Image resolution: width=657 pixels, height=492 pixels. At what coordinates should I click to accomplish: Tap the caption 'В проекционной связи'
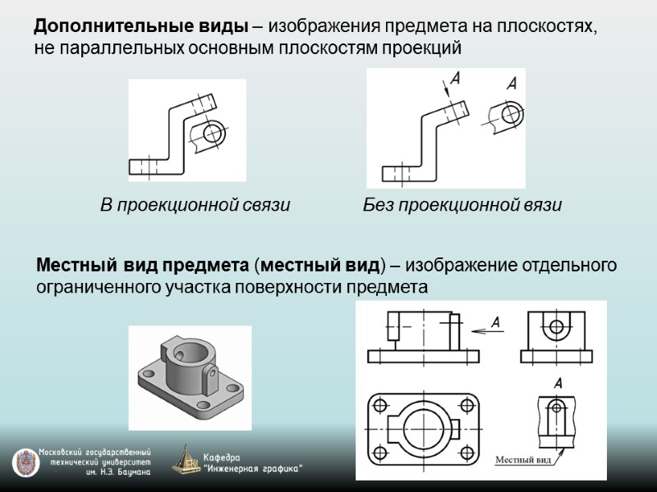195,205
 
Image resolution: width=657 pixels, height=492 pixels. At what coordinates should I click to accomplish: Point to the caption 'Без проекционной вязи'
462,205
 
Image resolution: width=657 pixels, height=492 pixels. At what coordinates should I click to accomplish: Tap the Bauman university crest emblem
25,462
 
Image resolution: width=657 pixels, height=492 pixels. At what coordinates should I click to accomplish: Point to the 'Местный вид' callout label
521,460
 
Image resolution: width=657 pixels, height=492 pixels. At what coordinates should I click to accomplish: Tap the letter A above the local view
558,383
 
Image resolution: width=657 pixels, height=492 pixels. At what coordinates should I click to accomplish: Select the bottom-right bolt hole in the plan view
467,455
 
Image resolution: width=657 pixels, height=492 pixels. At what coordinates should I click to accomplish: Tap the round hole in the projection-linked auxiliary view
213,131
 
